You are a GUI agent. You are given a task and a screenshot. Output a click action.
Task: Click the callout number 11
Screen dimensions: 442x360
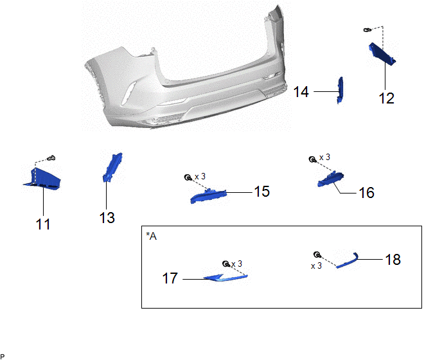[x=43, y=224]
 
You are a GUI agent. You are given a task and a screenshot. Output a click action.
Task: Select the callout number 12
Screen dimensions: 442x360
[x=387, y=98]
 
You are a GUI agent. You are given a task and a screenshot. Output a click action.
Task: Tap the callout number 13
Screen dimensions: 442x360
[x=107, y=218]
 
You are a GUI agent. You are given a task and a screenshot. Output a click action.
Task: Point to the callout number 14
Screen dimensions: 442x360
[x=301, y=92]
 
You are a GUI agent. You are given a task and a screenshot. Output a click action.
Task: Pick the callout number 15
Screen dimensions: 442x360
[x=262, y=192]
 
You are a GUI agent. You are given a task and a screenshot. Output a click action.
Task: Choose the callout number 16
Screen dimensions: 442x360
[x=366, y=193]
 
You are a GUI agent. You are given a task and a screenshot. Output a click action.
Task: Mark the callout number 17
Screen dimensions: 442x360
[x=170, y=278]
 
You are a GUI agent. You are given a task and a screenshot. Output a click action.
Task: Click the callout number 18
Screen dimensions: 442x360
[x=393, y=260]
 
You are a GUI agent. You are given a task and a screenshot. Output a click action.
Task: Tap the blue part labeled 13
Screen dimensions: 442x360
[x=112, y=167]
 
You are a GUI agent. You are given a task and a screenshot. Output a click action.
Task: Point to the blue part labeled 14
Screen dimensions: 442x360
[x=340, y=90]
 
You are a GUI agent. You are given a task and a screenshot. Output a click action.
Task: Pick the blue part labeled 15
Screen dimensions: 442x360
[x=208, y=196]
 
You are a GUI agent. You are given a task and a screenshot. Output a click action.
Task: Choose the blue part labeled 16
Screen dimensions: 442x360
[x=330, y=179]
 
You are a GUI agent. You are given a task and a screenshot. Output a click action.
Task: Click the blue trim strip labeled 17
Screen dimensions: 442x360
[x=225, y=278]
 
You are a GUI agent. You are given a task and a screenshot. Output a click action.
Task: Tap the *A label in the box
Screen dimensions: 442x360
[x=152, y=236]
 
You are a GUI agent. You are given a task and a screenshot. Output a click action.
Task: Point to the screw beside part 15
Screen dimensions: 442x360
[x=188, y=177]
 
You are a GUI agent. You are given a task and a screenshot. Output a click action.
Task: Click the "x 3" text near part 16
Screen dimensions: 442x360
[x=324, y=157]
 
